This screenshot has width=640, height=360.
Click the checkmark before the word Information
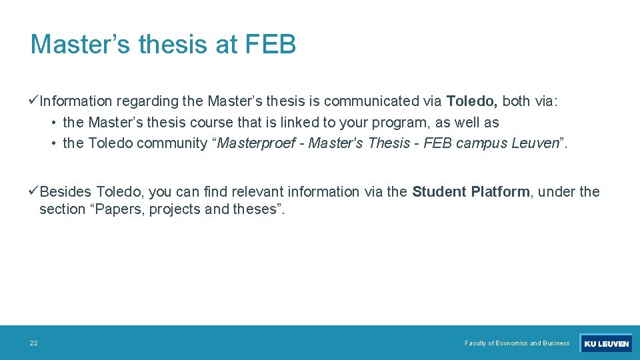coord(34,101)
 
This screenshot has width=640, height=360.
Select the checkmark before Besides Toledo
coord(34,191)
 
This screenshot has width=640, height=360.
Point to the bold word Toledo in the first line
coord(472,101)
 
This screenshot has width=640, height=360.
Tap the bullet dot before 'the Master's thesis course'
coord(53,123)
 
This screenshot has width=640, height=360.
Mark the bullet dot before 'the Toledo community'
coord(53,144)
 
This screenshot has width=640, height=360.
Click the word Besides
coord(65,192)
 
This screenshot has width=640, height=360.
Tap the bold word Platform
coord(500,192)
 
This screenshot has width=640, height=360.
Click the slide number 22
coord(33,343)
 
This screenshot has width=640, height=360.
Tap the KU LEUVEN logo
coord(605,343)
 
